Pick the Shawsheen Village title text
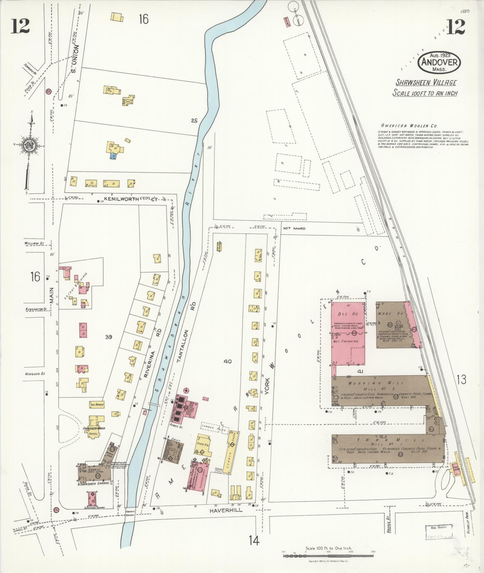pyautogui.click(x=426, y=83)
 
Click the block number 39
pyautogui.click(x=108, y=337)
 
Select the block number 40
pyautogui.click(x=227, y=362)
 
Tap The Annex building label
pyautogui.click(x=96, y=405)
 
